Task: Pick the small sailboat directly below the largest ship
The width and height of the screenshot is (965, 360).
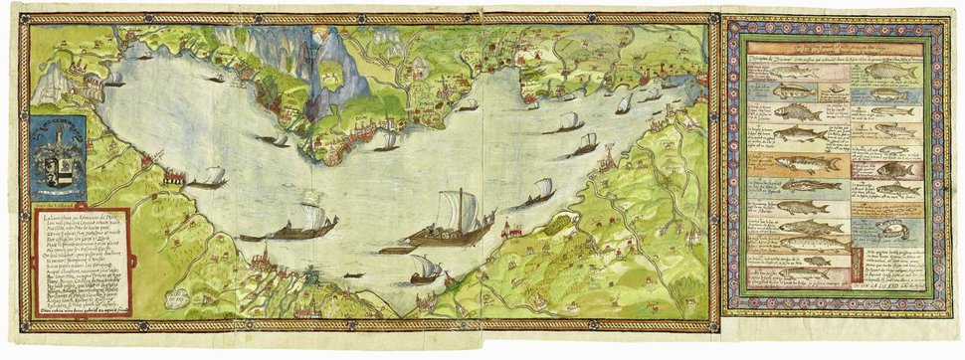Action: click(425, 270)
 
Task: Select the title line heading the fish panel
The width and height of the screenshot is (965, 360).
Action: click(834, 47)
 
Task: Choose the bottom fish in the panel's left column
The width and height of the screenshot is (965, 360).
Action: click(802, 273)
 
